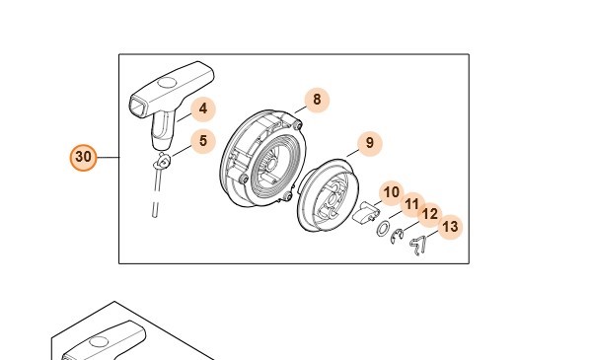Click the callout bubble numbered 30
[x=83, y=157]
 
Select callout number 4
[x=203, y=108]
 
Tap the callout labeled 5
[x=203, y=141]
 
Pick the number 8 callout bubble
[x=317, y=100]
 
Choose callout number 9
[x=370, y=143]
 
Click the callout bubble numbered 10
[x=392, y=192]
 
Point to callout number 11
[x=412, y=204]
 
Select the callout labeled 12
[x=429, y=214]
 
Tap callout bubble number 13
[x=450, y=227]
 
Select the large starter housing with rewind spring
[x=261, y=159]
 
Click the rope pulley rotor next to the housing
[x=329, y=195]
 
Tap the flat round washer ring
[x=383, y=229]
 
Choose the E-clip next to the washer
[x=396, y=237]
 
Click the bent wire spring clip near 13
[x=419, y=246]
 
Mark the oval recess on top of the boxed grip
[x=167, y=82]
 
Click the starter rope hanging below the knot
[x=157, y=193]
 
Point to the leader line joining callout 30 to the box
[x=109, y=157]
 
